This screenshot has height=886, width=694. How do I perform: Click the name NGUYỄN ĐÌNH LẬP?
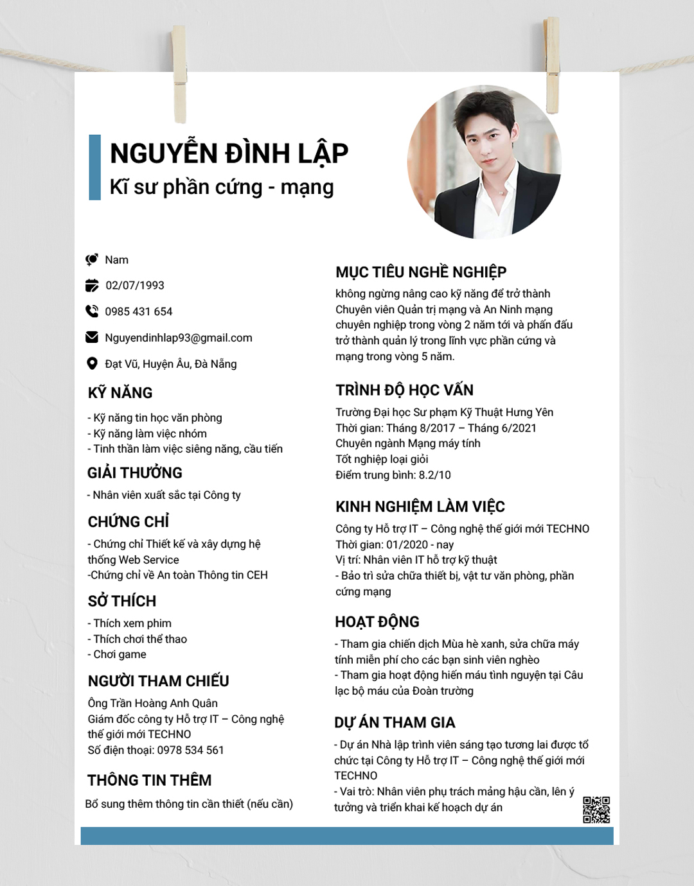coord(229,153)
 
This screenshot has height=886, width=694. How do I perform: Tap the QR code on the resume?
coord(596,810)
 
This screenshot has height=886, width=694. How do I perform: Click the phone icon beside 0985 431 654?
coord(92,311)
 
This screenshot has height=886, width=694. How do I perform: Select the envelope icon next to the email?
coord(92,337)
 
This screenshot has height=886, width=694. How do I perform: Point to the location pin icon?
coord(92,363)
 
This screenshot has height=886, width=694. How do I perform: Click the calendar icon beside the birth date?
coord(92,285)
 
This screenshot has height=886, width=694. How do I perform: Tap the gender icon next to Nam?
coord(92,259)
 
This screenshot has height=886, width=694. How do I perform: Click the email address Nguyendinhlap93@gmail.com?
coord(179,338)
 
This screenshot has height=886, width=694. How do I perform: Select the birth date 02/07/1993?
coord(135,286)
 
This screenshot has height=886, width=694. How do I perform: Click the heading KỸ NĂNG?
coord(120,393)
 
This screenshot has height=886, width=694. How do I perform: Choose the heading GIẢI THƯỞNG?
coord(135,473)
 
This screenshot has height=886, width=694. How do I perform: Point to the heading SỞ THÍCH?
coord(122,601)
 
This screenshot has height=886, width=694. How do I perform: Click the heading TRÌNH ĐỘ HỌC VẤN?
coord(404,390)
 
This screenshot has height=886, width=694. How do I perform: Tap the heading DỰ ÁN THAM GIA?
coord(395,723)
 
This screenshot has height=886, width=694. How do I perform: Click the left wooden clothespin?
coord(179,74)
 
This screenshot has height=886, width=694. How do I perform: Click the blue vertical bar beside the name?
coord(94,168)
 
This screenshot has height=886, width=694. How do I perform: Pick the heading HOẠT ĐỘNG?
coord(377,621)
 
